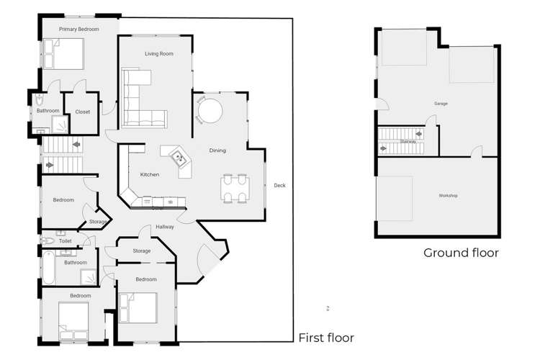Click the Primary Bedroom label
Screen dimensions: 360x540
(78, 29)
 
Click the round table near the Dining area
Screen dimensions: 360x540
(210, 112)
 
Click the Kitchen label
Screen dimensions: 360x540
(149, 175)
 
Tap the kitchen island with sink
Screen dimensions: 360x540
(177, 160)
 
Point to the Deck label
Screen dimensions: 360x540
(279, 186)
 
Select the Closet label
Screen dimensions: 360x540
(82, 112)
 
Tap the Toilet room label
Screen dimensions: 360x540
(66, 241)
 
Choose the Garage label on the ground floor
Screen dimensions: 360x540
(441, 104)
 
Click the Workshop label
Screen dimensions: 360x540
(448, 196)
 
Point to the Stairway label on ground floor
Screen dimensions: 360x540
(408, 142)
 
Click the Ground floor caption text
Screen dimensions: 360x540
(461, 253)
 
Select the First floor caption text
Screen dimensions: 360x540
(326, 337)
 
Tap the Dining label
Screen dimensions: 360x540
(217, 150)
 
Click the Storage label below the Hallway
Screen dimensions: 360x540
(142, 251)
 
